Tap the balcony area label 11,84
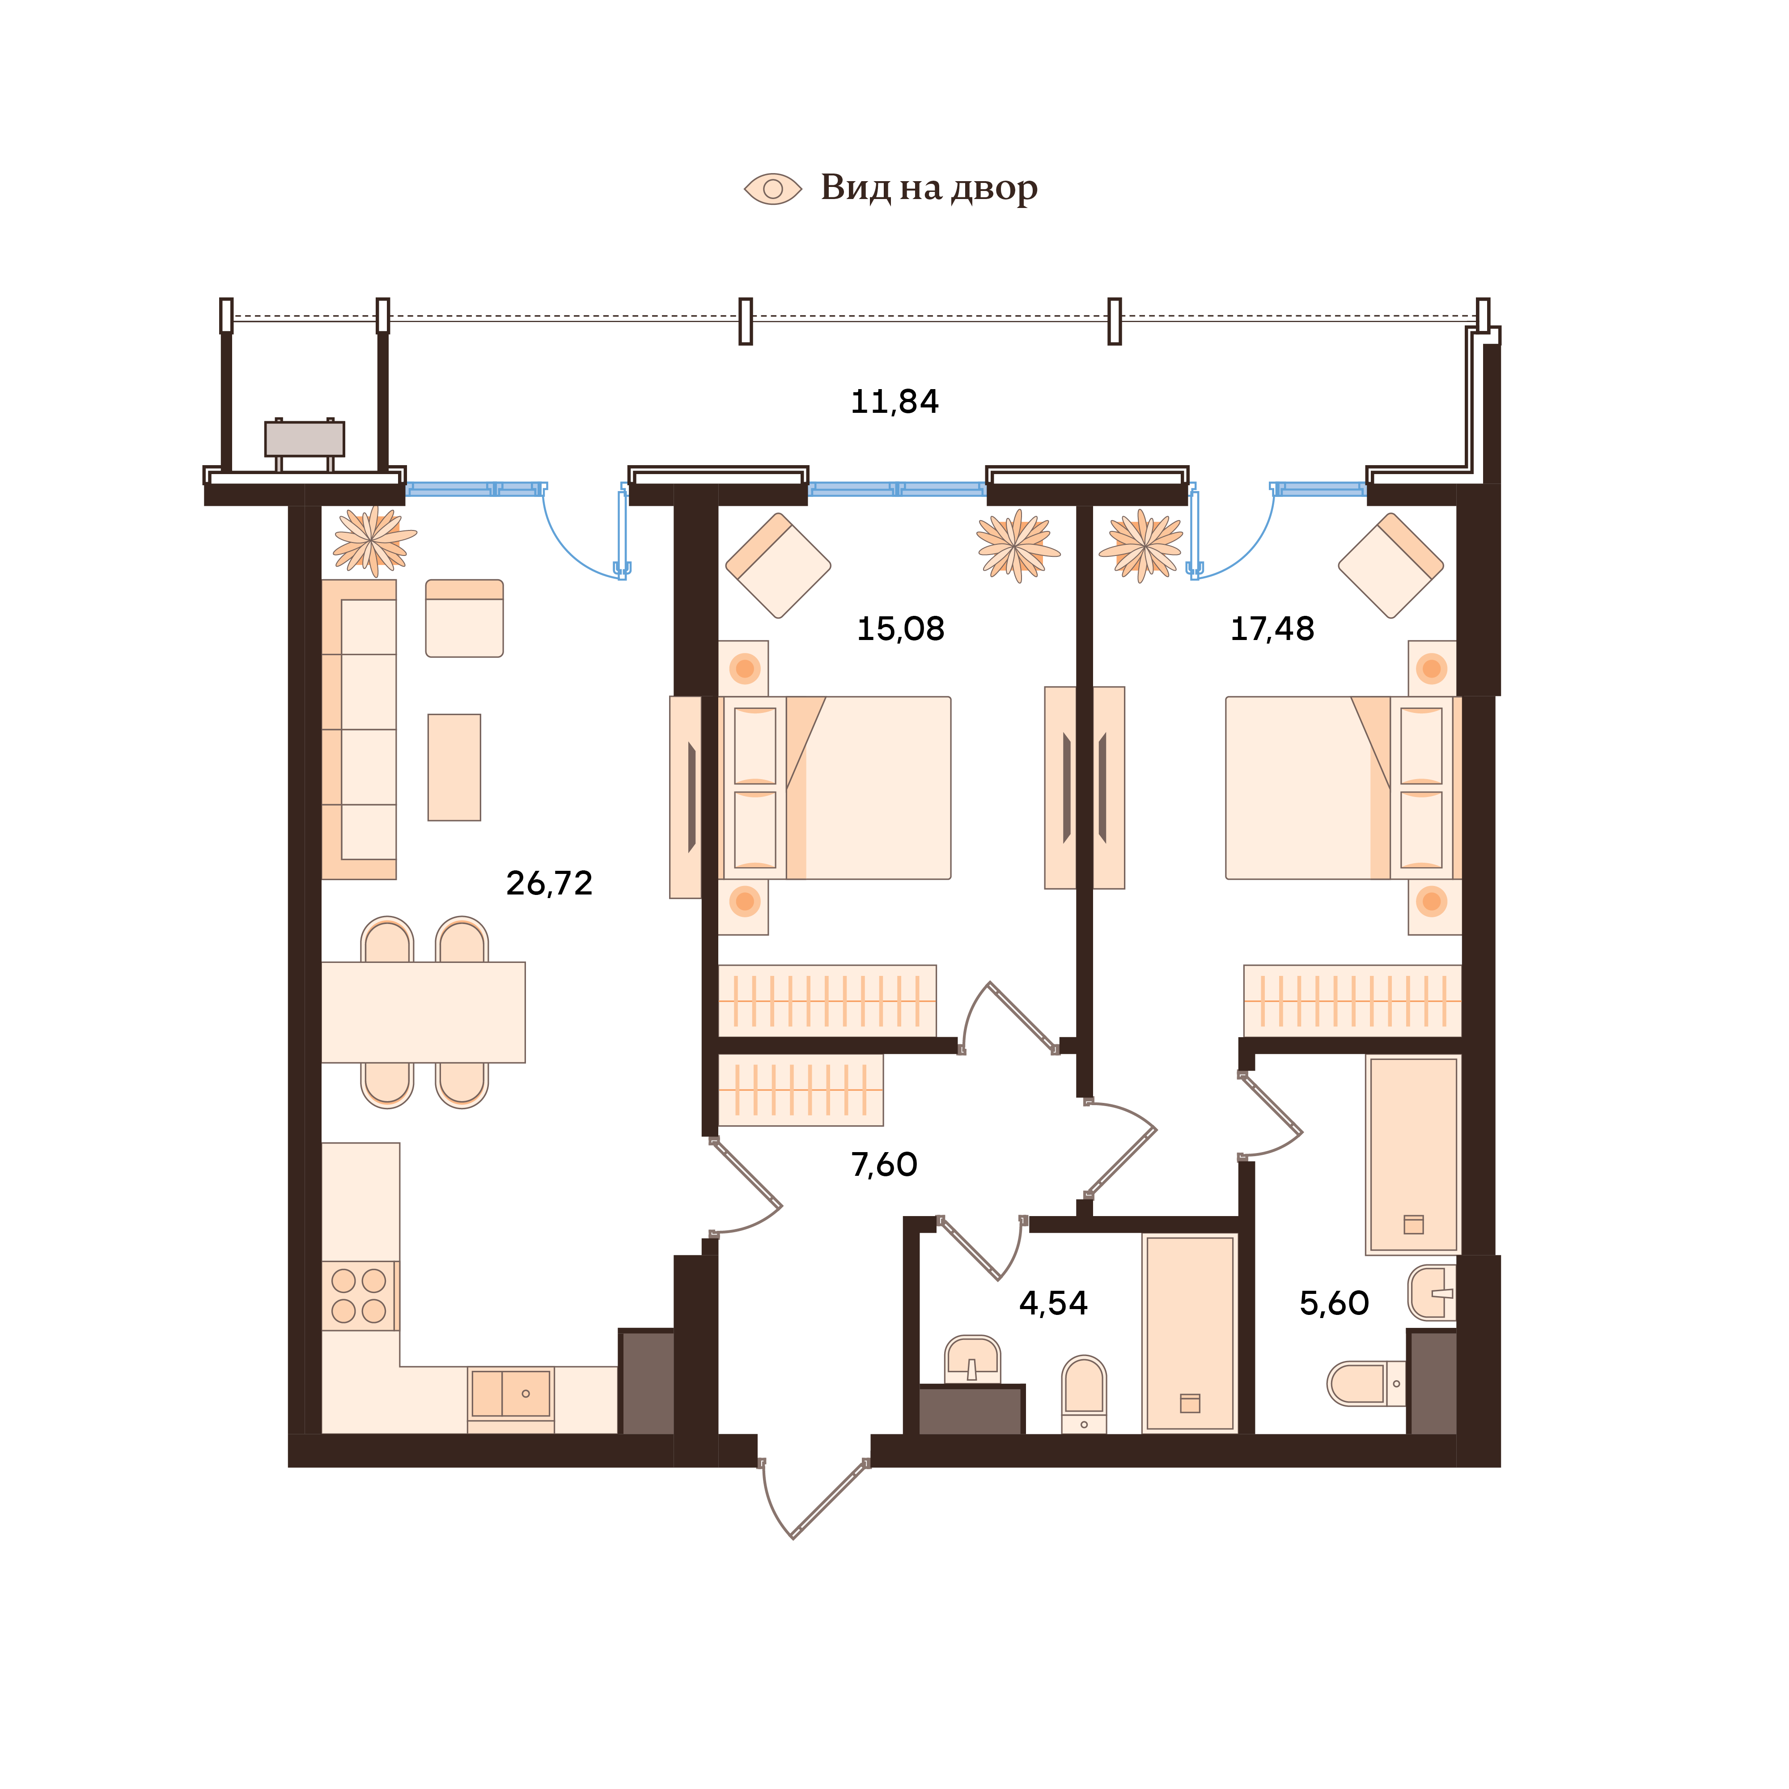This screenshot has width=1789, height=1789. pos(894,402)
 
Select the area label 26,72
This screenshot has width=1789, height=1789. pos(549,883)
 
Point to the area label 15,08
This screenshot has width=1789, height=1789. pos(900,630)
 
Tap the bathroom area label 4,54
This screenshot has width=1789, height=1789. pos(1053,1304)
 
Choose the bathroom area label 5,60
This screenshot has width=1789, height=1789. pos(1333,1304)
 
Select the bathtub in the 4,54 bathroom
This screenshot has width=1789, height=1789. pos(1190,1333)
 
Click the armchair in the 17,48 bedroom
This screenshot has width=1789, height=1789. pos(1390,565)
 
